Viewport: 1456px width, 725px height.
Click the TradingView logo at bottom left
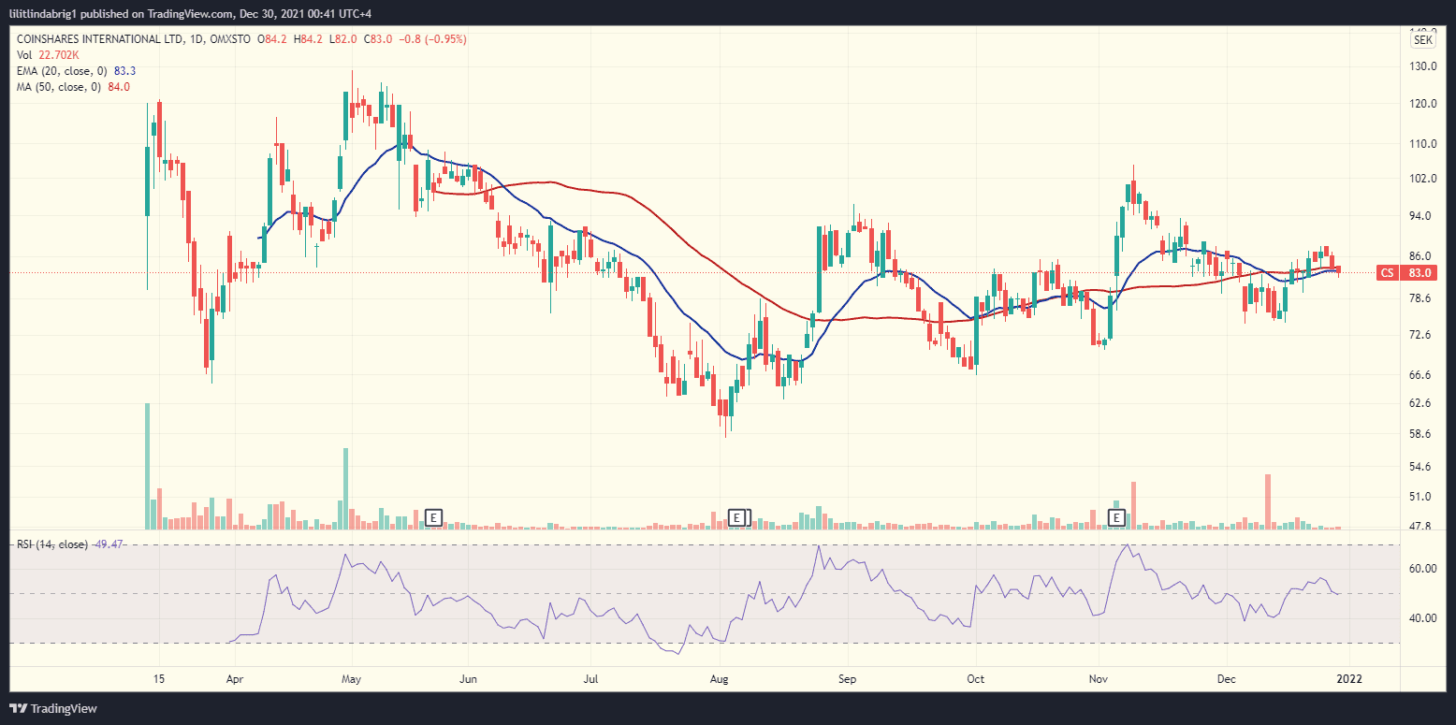[x=53, y=708]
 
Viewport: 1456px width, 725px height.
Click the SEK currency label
[x=1422, y=40]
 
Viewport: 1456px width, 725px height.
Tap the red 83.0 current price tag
[x=1420, y=273]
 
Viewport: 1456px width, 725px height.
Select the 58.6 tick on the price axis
[x=1423, y=434]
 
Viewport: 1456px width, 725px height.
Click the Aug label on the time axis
[x=720, y=678]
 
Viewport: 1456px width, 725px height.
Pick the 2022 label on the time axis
[x=1348, y=678]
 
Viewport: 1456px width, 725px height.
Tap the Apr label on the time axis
[x=235, y=678]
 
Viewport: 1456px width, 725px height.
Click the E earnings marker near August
[x=737, y=517]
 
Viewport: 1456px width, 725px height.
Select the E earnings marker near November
[x=1116, y=517]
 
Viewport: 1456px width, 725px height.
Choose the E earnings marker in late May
[x=432, y=517]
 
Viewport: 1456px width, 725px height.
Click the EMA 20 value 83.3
[x=124, y=71]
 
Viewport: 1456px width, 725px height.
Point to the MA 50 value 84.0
[x=119, y=87]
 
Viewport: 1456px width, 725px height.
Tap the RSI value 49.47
[x=109, y=544]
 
